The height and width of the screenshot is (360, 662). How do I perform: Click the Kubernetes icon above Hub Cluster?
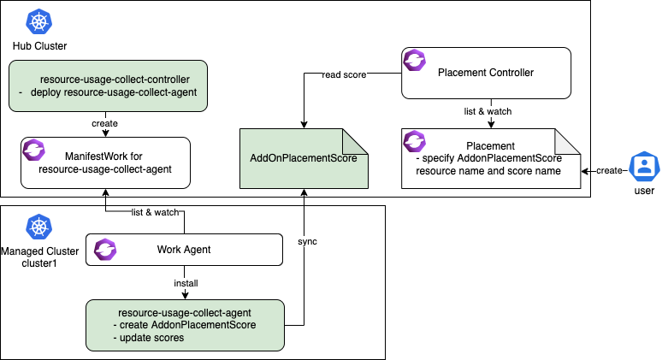point(38,21)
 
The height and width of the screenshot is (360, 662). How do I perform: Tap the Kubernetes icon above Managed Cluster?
point(38,227)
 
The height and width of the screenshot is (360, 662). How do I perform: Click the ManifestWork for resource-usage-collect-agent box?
point(106,162)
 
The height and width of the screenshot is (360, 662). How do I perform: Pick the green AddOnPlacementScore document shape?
point(304,160)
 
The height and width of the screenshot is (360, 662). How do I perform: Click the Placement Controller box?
point(485,73)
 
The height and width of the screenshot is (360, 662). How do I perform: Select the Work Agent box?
point(184,250)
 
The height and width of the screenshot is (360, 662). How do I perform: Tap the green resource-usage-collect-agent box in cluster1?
point(184,324)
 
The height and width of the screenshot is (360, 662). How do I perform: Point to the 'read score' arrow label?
point(344,74)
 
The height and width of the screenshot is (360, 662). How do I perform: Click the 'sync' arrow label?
point(307,242)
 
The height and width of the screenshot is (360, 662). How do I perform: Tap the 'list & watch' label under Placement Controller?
point(485,110)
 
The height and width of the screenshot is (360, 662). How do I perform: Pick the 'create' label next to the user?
point(609,171)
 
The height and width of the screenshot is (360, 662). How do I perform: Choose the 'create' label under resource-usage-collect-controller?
point(104,123)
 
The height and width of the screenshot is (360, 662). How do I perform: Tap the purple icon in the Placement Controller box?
point(415,62)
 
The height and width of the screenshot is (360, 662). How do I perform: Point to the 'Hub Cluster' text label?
point(39,44)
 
